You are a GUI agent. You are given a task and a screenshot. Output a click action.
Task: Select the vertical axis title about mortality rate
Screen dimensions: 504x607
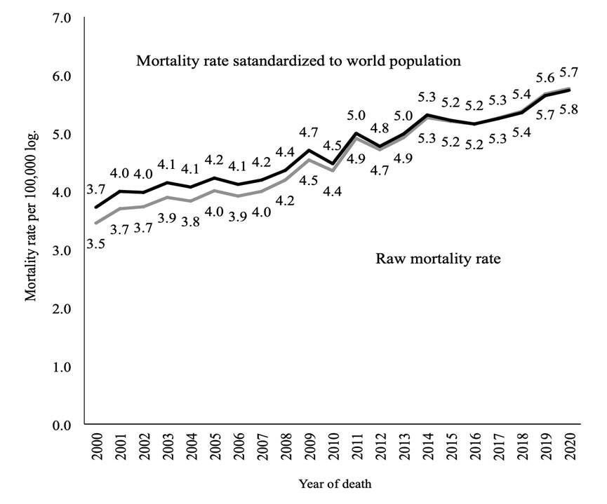[31, 221]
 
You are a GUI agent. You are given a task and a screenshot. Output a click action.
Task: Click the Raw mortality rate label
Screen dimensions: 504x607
[437, 259]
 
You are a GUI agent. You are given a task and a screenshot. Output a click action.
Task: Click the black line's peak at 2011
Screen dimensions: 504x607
[357, 133]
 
